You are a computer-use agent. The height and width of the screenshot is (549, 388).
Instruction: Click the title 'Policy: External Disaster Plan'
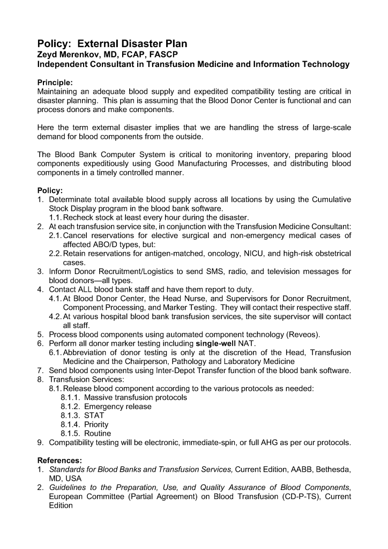pos(112,43)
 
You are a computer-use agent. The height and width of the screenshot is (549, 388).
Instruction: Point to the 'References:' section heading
pos(59,460)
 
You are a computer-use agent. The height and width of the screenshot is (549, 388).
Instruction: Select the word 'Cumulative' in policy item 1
pos(331,199)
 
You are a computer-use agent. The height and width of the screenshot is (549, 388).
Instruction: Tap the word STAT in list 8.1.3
pos(94,416)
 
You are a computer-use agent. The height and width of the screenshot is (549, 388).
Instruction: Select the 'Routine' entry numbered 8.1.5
pos(98,433)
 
